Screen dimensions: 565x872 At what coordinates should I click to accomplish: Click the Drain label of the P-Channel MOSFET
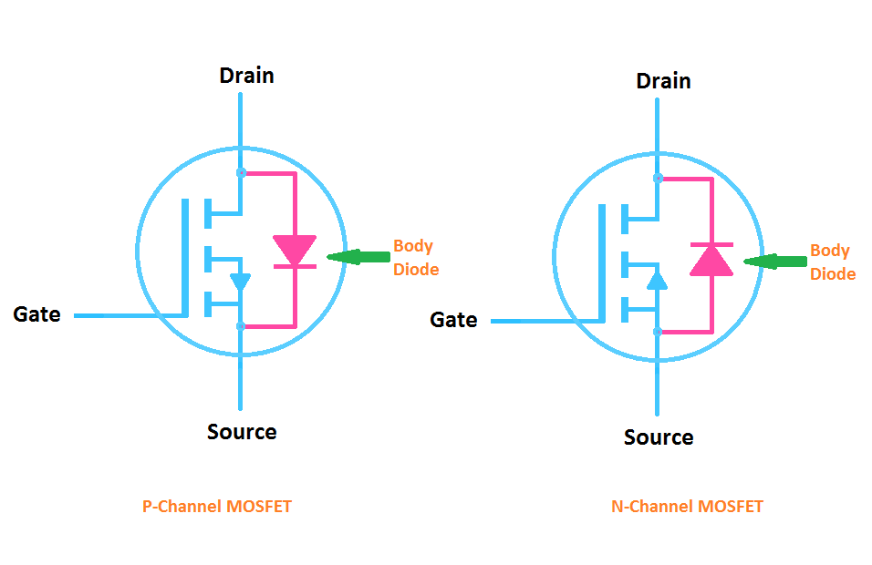pyautogui.click(x=246, y=75)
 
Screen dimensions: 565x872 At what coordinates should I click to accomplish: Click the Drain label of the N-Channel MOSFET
pyautogui.click(x=663, y=80)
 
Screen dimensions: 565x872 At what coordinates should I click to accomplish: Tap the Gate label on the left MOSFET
pyautogui.click(x=36, y=314)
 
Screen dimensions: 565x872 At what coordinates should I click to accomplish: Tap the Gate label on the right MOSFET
pyautogui.click(x=453, y=320)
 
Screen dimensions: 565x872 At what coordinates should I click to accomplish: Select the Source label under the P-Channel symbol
pyautogui.click(x=242, y=431)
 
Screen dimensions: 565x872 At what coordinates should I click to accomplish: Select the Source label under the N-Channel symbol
pyautogui.click(x=658, y=437)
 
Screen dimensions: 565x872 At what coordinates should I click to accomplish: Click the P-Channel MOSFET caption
pyautogui.click(x=217, y=506)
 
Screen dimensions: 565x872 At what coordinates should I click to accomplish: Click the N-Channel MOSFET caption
pyautogui.click(x=686, y=506)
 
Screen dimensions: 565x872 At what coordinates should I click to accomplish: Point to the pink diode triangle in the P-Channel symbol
pyautogui.click(x=295, y=249)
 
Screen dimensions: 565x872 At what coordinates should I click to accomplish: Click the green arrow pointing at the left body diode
pyautogui.click(x=356, y=258)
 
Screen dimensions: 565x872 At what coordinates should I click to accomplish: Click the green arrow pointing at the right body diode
pyautogui.click(x=773, y=262)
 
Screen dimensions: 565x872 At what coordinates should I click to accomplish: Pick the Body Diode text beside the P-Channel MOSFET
pyautogui.click(x=415, y=258)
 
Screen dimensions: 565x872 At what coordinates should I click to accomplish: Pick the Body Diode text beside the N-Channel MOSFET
pyautogui.click(x=832, y=262)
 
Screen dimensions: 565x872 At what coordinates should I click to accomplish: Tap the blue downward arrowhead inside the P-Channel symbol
pyautogui.click(x=240, y=282)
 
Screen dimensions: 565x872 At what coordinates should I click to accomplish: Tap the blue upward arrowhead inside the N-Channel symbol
pyautogui.click(x=657, y=279)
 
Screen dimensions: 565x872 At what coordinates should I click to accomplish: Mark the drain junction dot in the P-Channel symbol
pyautogui.click(x=240, y=172)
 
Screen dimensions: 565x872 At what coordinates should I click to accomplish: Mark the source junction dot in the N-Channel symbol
pyautogui.click(x=657, y=333)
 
